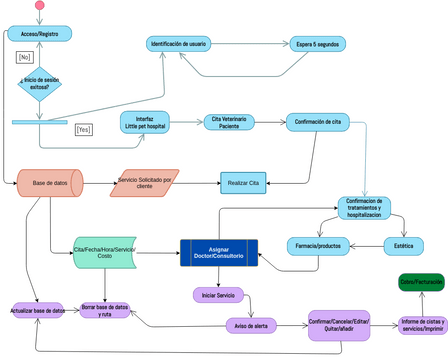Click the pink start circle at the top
tap(40, 6)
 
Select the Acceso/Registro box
tap(39, 34)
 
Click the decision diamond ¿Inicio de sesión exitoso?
tap(40, 83)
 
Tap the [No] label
tap(25, 57)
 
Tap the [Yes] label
tap(83, 129)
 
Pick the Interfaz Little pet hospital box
tap(145, 123)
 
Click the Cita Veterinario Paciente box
tap(229, 122)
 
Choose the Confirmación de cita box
tap(319, 122)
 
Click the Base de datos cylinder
tap(50, 183)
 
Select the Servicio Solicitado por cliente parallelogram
tap(145, 183)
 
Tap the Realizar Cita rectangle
tap(243, 182)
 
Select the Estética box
tap(403, 245)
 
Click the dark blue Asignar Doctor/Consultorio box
tap(218, 252)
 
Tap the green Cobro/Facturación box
tap(421, 283)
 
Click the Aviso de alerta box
tap(252, 324)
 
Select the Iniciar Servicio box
tap(218, 295)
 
